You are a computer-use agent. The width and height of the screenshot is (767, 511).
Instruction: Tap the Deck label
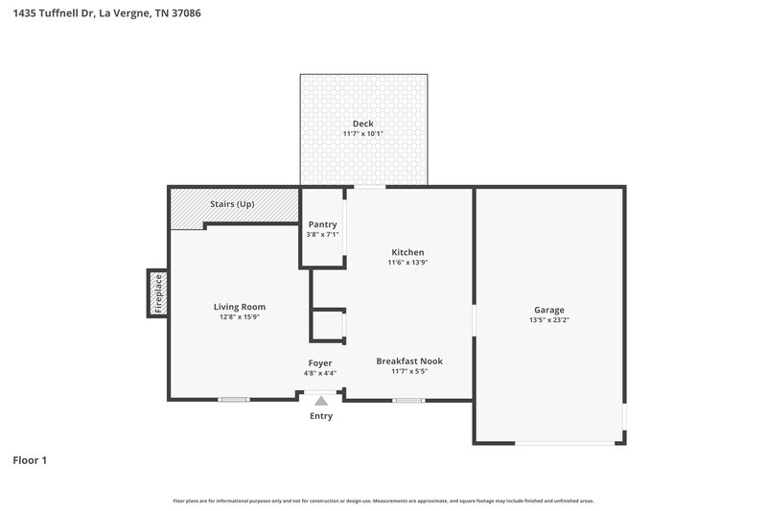coord(362,124)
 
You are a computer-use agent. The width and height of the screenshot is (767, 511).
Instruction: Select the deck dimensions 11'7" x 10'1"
coord(362,134)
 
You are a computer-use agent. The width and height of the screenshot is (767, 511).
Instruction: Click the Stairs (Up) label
coord(232,204)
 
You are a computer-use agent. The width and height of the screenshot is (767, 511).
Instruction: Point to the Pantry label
coord(322,224)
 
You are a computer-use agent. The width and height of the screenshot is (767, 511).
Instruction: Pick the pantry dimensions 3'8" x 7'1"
coord(322,234)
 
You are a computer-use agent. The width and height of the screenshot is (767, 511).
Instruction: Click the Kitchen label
coord(407,252)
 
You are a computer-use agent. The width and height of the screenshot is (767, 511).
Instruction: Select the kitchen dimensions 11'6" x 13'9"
coord(407,263)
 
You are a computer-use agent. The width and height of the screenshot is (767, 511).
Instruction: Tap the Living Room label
coord(239,307)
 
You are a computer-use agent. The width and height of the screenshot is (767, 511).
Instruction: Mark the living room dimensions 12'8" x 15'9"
coord(239,317)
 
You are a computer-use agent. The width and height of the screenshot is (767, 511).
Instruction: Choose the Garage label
coord(549,310)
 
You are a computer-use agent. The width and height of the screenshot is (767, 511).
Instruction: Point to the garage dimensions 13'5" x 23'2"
coord(549,320)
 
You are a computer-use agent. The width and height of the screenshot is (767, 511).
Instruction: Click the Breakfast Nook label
coord(409,361)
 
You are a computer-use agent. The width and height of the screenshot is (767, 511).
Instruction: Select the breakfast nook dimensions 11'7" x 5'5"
coord(409,372)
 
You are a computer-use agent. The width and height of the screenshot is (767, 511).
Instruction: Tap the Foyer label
coord(320,363)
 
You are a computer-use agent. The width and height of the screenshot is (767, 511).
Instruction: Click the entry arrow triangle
coord(321,403)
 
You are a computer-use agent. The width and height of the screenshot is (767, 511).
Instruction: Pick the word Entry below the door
coord(321,416)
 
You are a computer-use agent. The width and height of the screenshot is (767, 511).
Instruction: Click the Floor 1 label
coord(30,460)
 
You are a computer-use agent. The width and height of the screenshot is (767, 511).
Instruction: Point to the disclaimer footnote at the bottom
coord(383,500)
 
